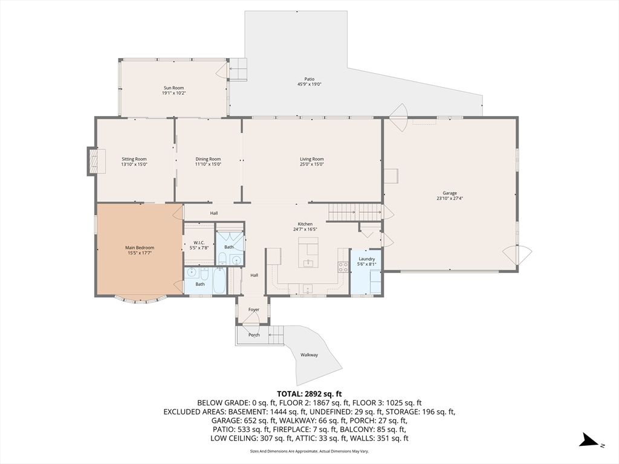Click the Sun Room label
[x=174, y=88]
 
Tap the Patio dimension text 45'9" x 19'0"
[x=309, y=84]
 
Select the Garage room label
[x=450, y=193]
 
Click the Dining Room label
[x=208, y=159]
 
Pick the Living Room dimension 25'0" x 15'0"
[x=312, y=164]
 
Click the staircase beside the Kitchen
[x=355, y=212]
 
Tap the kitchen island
[x=308, y=253]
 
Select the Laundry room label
[x=367, y=259]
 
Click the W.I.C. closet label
[x=198, y=243]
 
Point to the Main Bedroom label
[x=140, y=248]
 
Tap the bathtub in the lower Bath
[x=219, y=280]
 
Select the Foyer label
[x=254, y=310]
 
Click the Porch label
[x=254, y=335]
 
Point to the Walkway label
[x=309, y=355]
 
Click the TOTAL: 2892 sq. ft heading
[x=309, y=394]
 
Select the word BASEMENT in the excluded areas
[x=245, y=412]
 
